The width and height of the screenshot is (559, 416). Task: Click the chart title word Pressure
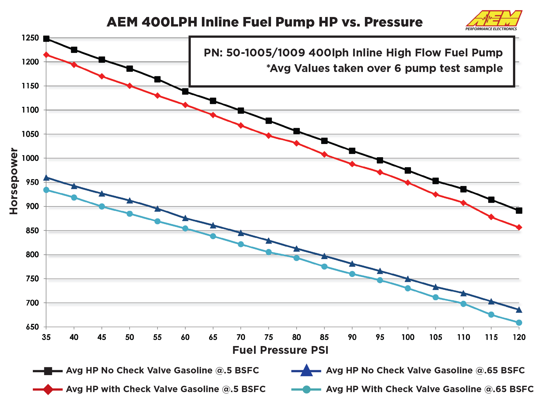point(393,22)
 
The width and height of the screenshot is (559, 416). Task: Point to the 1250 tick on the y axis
point(30,38)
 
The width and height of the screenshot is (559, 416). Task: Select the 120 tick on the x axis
point(519,337)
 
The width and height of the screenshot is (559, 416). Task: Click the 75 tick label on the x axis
point(268,337)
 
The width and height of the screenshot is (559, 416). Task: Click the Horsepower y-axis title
point(14,181)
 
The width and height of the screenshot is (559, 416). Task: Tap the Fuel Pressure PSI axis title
point(280,350)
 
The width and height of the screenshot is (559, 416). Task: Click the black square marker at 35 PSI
point(46,39)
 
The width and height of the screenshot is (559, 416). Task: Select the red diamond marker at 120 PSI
point(519,227)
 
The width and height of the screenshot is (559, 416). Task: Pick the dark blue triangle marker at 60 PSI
point(185,218)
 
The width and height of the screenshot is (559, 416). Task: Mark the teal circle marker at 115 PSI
point(491,315)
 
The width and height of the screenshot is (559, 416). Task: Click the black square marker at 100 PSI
point(408,170)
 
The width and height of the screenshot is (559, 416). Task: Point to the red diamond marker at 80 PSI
point(296,143)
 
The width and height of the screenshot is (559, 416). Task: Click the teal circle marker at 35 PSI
point(46,190)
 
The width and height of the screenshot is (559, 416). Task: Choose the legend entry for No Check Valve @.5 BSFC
point(162,371)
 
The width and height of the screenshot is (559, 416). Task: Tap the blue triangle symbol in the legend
point(306,371)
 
